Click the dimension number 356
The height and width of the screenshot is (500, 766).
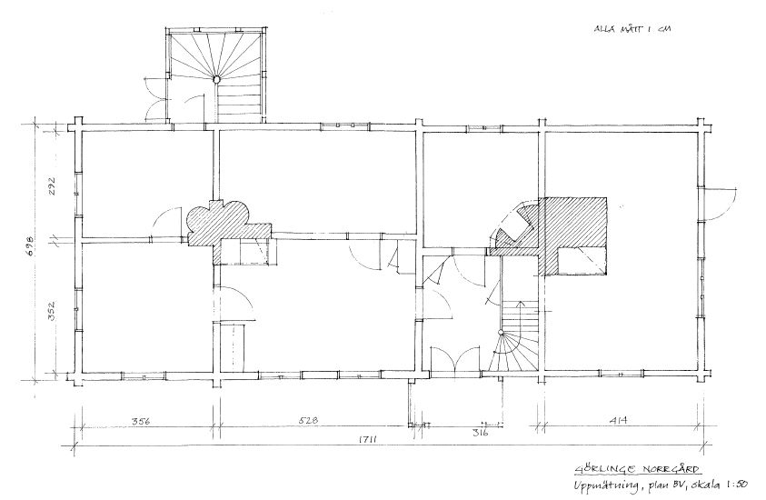[x=141, y=421]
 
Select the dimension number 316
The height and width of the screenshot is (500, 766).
[x=469, y=433]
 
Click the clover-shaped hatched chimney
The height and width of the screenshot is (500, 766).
[x=218, y=219]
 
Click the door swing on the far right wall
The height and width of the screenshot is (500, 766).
[x=721, y=201]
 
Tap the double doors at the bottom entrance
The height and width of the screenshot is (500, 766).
[x=454, y=361]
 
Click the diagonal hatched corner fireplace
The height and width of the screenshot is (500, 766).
[x=515, y=225]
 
